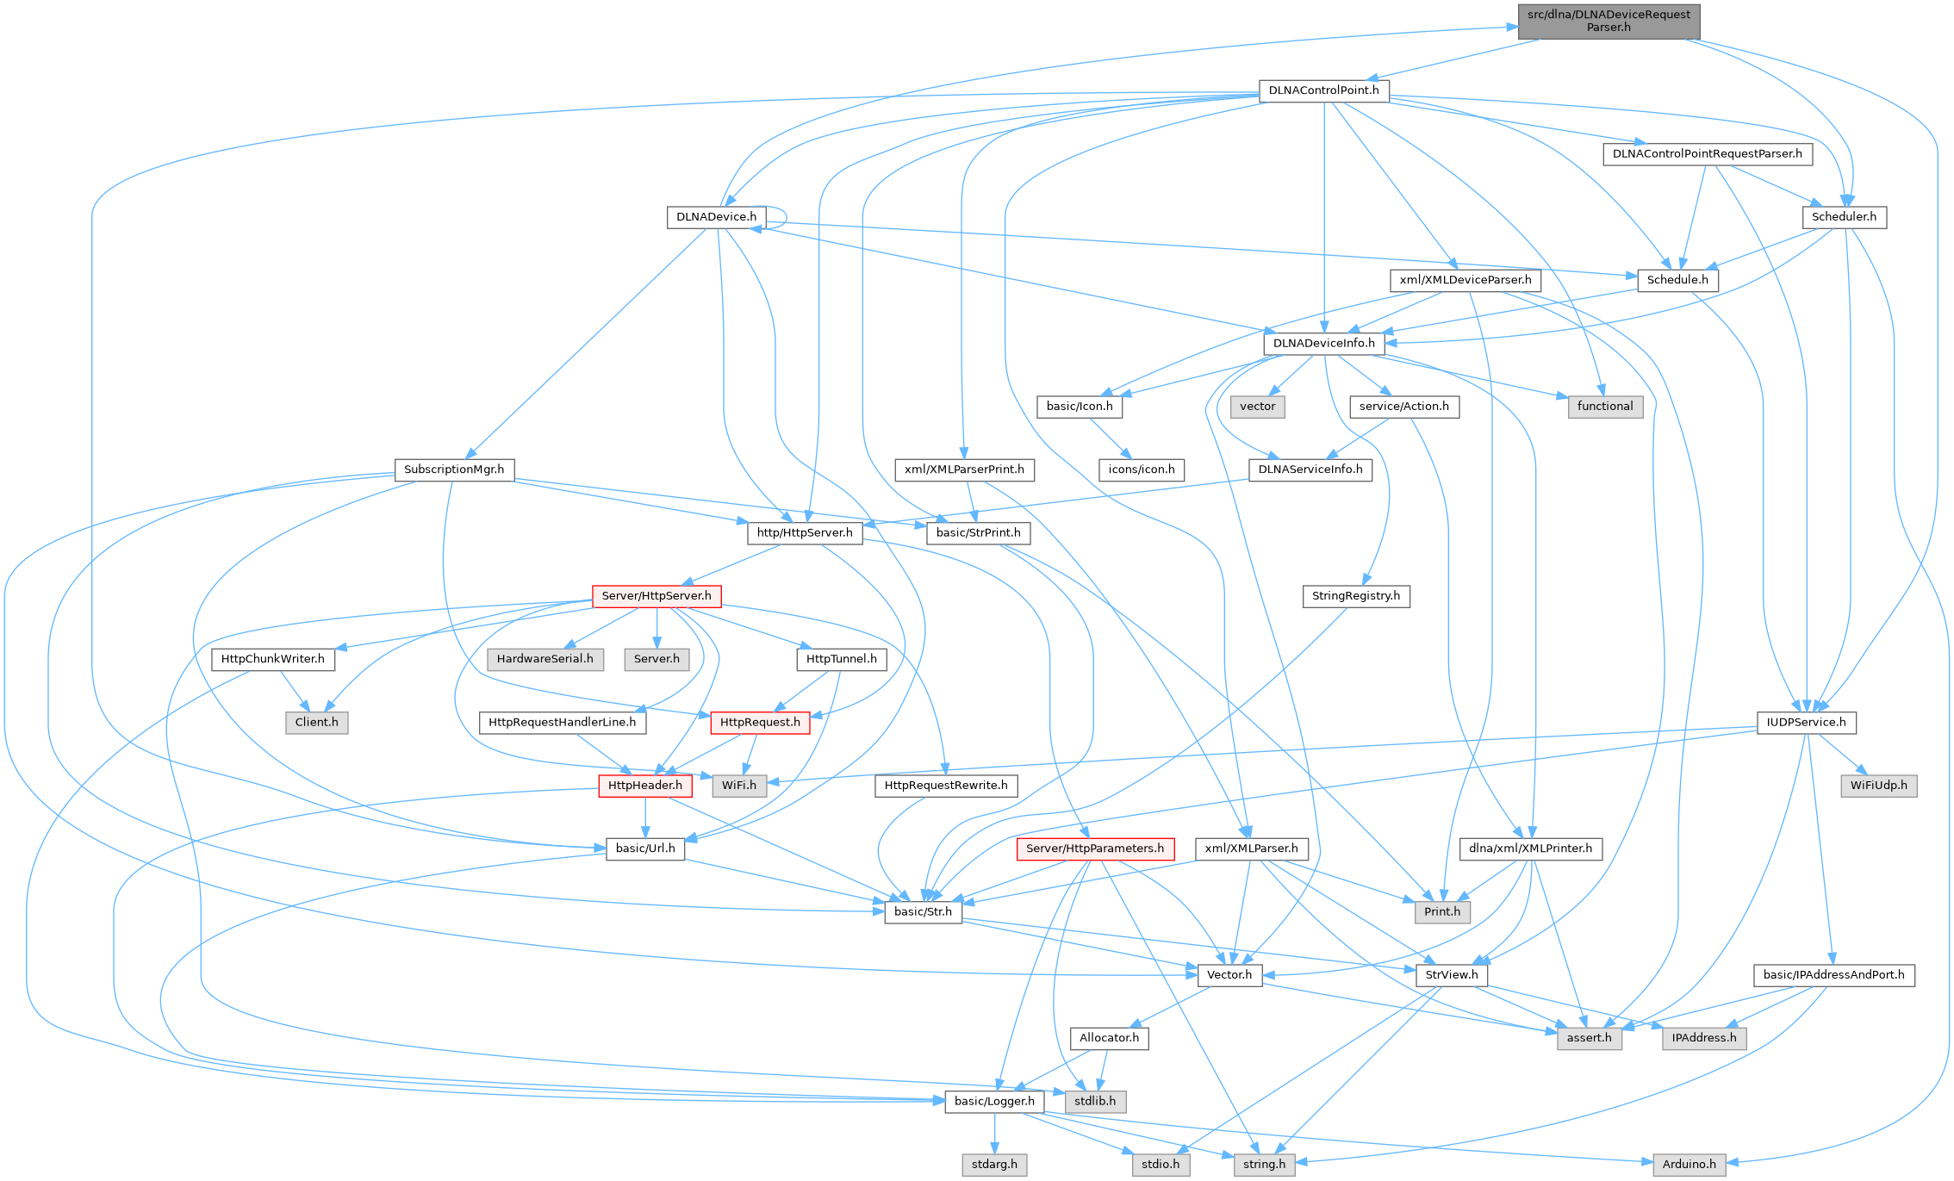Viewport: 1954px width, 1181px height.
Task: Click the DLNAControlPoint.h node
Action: (1323, 90)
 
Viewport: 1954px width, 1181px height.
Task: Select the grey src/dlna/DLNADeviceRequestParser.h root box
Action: (1609, 21)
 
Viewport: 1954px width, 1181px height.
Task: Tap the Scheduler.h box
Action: (1844, 217)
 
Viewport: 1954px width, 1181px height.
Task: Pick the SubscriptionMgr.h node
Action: (454, 469)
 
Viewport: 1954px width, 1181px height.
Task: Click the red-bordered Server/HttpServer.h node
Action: (657, 596)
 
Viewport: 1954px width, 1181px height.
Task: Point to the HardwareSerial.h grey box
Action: (545, 659)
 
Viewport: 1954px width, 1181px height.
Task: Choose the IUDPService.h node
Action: (1806, 722)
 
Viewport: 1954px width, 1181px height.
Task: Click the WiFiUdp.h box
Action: (1878, 786)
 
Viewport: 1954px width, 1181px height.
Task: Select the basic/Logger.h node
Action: (994, 1102)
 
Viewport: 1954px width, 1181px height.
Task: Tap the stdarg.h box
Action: (994, 1165)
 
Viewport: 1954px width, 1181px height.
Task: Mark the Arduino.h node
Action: (1689, 1165)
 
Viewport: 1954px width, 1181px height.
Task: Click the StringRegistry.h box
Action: (1356, 596)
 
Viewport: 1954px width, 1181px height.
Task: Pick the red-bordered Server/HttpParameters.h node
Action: (1094, 848)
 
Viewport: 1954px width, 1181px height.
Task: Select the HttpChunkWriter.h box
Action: (273, 659)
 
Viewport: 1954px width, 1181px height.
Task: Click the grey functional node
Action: (1605, 407)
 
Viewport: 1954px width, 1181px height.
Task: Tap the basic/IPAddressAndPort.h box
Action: (1833, 975)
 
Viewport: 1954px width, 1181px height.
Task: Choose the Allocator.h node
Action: (1109, 1038)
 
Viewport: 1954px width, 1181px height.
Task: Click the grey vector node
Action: (1258, 407)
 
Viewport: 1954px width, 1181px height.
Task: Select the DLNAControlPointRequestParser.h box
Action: (1707, 154)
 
